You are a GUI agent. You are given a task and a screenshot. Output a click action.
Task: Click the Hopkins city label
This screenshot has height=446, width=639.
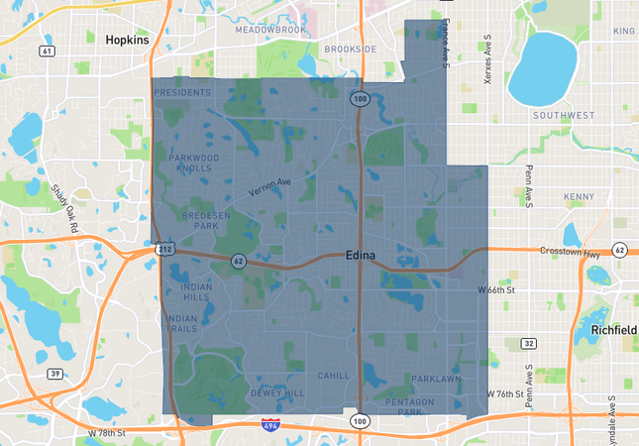[127, 40]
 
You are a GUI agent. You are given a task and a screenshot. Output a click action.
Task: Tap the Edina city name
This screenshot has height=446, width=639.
[361, 255]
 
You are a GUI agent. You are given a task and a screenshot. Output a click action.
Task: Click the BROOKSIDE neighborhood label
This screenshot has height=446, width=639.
[350, 49]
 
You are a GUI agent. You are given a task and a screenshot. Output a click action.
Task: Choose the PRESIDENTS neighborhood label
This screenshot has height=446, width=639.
[183, 92]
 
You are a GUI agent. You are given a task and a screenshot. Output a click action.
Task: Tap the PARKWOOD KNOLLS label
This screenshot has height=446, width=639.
[192, 163]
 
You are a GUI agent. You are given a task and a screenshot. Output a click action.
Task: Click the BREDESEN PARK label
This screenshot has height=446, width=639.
[199, 219]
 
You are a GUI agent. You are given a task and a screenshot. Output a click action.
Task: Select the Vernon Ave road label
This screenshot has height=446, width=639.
[270, 184]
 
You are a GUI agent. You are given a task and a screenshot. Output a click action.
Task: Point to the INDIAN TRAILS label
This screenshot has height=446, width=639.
[195, 323]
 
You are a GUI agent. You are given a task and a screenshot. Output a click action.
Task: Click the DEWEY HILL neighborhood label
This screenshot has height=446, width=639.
[278, 393]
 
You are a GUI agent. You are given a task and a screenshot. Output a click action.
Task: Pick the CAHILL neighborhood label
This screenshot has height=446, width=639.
[333, 376]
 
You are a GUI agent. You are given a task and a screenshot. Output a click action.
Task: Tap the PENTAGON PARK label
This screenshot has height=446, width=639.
[410, 406]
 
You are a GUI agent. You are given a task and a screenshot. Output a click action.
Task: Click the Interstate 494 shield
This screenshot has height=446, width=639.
[269, 424]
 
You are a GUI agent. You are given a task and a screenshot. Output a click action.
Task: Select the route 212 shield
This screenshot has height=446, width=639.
[164, 251]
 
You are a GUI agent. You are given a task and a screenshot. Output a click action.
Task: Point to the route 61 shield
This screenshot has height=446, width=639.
[47, 50]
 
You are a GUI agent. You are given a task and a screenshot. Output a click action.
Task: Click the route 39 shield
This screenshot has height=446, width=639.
[56, 374]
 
